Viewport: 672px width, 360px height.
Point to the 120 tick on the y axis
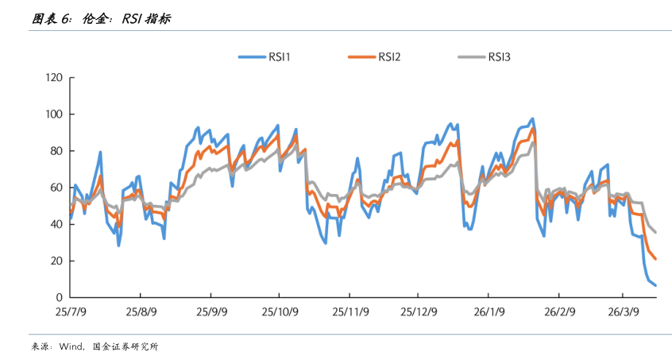[55, 78]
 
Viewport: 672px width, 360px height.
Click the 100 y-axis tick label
[55, 114]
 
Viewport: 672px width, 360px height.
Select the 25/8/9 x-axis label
[140, 312]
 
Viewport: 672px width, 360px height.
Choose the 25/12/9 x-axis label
[419, 312]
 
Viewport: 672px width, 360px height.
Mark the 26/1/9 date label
[489, 312]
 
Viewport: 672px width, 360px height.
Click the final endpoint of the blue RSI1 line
[655, 285]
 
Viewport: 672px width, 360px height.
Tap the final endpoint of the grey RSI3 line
[655, 232]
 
